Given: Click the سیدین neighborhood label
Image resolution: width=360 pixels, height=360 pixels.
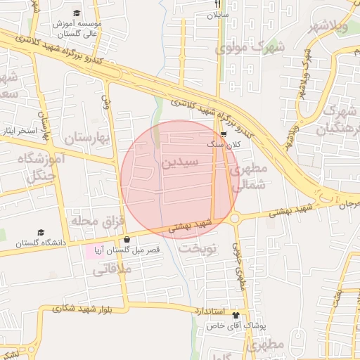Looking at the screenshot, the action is coord(181,162).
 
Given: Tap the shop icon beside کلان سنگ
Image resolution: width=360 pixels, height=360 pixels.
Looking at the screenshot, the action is coord(224,134).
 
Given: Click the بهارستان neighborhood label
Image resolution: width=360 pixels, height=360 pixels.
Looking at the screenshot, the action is coord(89,138).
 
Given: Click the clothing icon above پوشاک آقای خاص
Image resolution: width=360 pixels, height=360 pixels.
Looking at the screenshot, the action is coord(236,316).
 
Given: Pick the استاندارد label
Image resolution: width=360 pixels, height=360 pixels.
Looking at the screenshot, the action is coord(209,310).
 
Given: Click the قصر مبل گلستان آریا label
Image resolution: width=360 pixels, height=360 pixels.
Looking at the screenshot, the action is coord(128,250).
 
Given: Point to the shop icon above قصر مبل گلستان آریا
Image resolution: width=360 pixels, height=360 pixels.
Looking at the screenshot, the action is coord(127,240).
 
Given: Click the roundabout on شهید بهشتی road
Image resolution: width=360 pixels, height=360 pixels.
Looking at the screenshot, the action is coord(234,219).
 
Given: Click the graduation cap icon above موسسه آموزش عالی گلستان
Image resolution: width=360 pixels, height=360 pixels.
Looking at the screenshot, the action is coord(77,13).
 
